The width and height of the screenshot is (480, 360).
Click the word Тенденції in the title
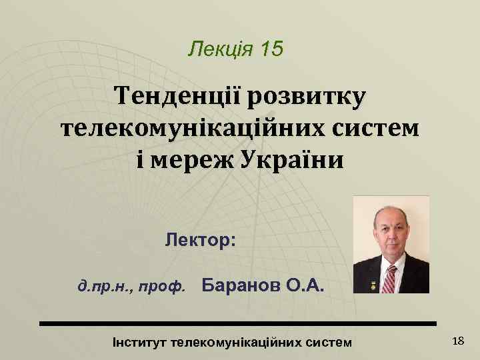click(x=178, y=97)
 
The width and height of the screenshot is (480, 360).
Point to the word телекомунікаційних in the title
click(x=185, y=129)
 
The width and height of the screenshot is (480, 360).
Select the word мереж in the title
click(x=191, y=160)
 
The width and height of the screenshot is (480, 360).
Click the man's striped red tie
click(x=389, y=277)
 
